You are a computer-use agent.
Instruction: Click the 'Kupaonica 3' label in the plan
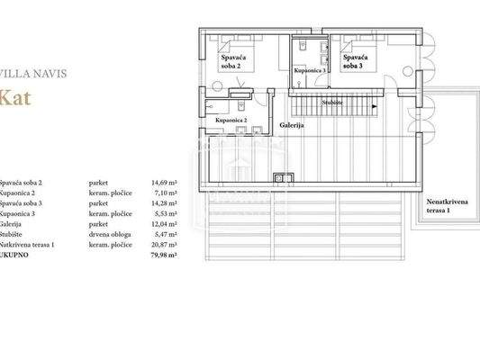tap(310, 69)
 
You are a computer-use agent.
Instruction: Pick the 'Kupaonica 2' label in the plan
tap(231, 119)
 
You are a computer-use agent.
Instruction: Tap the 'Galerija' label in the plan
tap(291, 125)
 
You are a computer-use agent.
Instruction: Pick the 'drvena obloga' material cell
tap(108, 235)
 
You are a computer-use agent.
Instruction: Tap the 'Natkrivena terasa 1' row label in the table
tap(28, 245)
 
